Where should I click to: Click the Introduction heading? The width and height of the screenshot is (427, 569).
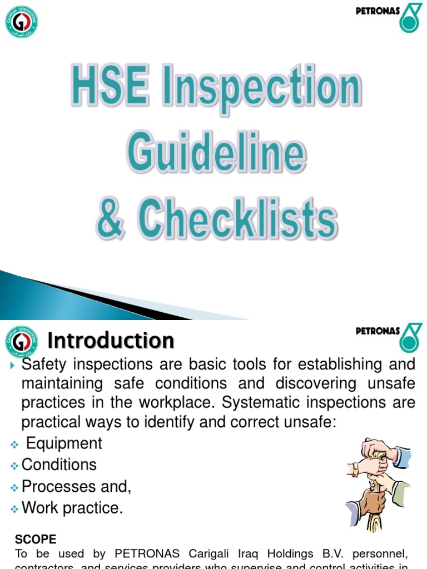[x=111, y=340]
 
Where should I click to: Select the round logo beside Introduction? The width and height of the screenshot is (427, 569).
[x=22, y=341]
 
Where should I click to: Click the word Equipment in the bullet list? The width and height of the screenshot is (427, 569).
[x=64, y=443]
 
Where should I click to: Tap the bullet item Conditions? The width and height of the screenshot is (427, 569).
[x=59, y=465]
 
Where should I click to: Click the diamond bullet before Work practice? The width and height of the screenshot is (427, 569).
[x=14, y=508]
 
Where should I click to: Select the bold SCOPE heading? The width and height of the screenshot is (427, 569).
[x=36, y=540]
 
